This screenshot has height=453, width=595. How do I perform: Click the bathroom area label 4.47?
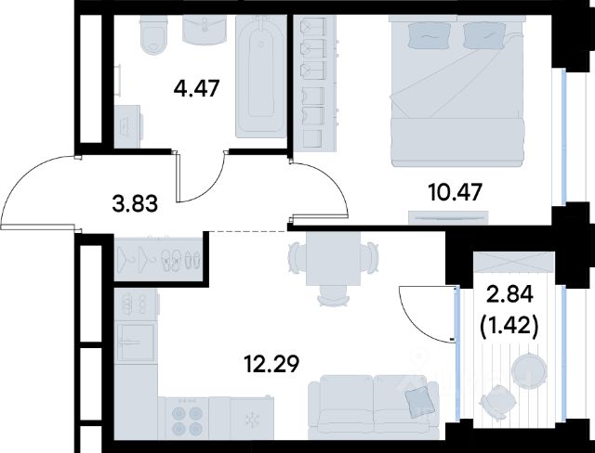(196, 90)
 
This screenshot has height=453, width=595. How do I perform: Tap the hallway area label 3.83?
(135, 204)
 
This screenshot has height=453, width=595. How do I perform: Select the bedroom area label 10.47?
(455, 192)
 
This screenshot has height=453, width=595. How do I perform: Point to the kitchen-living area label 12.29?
(271, 364)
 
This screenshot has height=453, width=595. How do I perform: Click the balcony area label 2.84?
(509, 294)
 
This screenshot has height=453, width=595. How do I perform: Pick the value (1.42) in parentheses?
(509, 326)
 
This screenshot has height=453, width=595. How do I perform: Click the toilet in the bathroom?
(154, 35)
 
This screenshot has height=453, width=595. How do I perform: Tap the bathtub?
(260, 77)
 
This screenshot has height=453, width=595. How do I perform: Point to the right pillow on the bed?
(483, 36)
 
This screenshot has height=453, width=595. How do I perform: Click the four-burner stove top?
(187, 418)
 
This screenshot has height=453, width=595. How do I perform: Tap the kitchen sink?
(136, 343)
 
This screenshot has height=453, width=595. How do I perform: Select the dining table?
(333, 258)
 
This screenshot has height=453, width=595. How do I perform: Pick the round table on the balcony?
(529, 370)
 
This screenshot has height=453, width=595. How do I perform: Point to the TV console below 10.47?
(448, 218)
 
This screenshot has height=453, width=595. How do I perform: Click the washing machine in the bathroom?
(128, 126)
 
